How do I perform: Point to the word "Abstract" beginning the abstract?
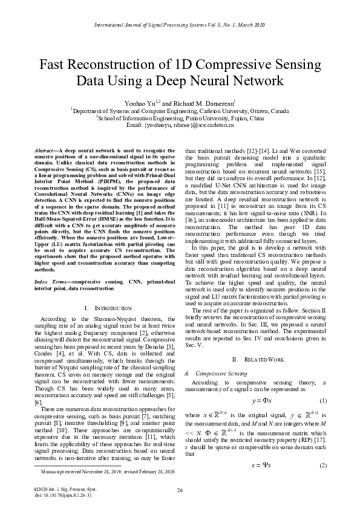pyautogui.click(x=41, y=149)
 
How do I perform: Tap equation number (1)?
pyautogui.click(x=322, y=401)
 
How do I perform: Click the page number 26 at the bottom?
pyautogui.click(x=180, y=490)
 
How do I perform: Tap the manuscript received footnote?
pyautogui.click(x=106, y=472)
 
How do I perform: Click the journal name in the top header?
pyautogui.click(x=180, y=26)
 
